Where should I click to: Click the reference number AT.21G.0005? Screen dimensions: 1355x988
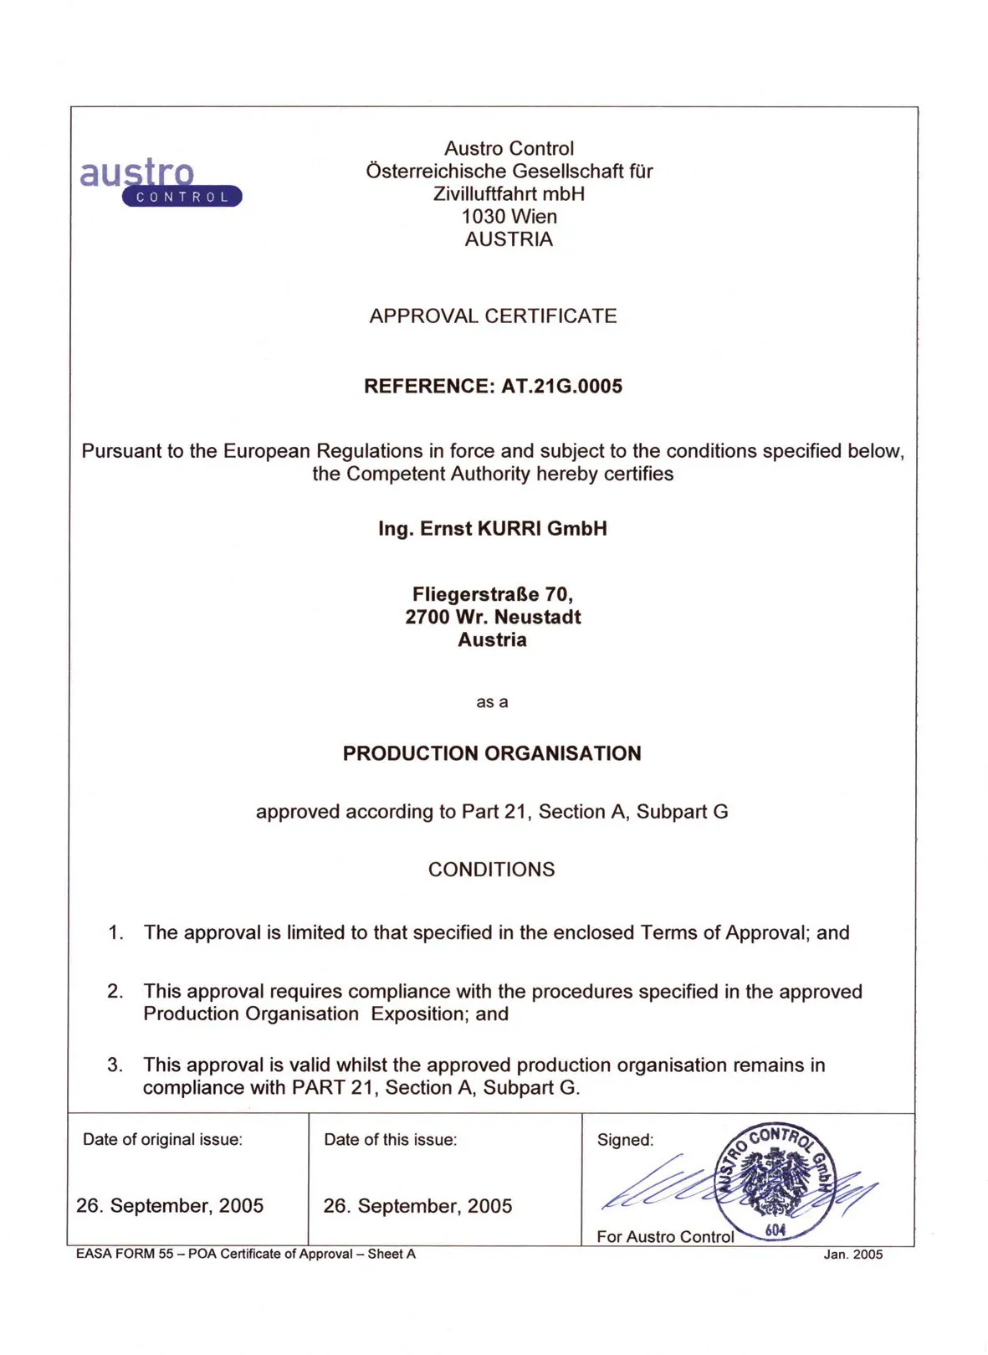tap(561, 387)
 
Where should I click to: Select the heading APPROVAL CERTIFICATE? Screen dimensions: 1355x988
tap(493, 316)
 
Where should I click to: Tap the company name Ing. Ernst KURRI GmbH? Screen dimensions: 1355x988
tap(493, 529)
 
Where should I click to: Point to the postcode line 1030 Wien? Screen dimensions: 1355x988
tap(509, 217)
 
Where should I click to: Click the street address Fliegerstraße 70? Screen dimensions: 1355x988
tap(493, 594)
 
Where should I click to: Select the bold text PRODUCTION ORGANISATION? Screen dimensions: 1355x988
tap(492, 753)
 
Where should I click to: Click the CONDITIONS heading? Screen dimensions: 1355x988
tap(491, 870)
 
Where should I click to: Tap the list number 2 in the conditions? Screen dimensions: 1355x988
tap(115, 992)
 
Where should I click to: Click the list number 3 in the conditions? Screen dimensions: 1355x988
tap(115, 1065)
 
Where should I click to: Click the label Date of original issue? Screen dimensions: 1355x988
tap(162, 1140)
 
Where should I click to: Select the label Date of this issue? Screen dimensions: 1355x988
tap(391, 1140)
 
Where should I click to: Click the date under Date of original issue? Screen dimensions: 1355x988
tap(170, 1206)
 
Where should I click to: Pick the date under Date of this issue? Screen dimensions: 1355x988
tap(417, 1206)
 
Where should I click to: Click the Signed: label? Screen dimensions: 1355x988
tap(625, 1140)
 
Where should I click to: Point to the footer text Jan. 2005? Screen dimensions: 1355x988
tap(852, 1255)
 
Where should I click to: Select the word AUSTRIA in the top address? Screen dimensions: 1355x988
tap(509, 239)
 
